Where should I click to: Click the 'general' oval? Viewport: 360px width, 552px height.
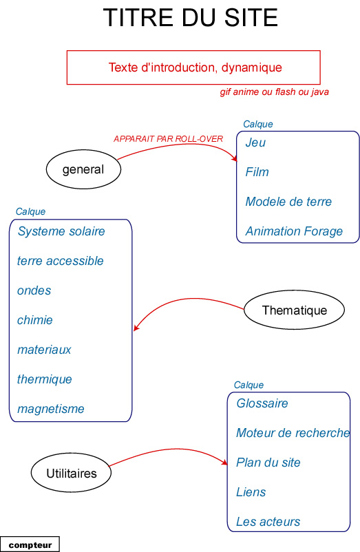(x=83, y=169)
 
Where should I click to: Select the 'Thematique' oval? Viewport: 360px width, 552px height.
(x=294, y=310)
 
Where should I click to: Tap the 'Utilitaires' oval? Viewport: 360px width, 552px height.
(x=71, y=473)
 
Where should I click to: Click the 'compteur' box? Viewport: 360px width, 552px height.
(x=30, y=544)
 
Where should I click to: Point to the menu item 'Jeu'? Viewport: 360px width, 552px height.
(x=255, y=142)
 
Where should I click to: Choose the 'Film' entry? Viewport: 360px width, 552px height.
(x=257, y=172)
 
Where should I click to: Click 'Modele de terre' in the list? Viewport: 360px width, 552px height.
(x=288, y=202)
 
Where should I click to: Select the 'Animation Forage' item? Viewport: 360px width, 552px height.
(x=294, y=231)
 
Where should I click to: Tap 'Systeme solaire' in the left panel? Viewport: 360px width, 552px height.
(x=61, y=231)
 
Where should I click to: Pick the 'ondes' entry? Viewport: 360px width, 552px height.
(x=34, y=290)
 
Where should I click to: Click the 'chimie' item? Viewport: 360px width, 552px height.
(x=35, y=320)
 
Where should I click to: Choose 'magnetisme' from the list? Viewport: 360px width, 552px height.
(x=51, y=409)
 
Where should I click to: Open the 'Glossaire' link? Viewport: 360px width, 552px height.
(x=262, y=403)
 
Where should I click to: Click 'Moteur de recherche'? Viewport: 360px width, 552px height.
(x=293, y=433)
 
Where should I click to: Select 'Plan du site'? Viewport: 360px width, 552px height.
(x=268, y=463)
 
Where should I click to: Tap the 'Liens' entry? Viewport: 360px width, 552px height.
(x=251, y=492)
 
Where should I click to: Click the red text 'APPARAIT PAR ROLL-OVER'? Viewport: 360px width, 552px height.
(x=168, y=139)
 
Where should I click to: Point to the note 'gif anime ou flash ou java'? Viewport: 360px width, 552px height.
(x=275, y=92)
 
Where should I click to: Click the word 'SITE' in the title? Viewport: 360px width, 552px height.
(x=251, y=18)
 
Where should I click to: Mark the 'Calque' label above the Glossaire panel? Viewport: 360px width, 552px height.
(x=248, y=385)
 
